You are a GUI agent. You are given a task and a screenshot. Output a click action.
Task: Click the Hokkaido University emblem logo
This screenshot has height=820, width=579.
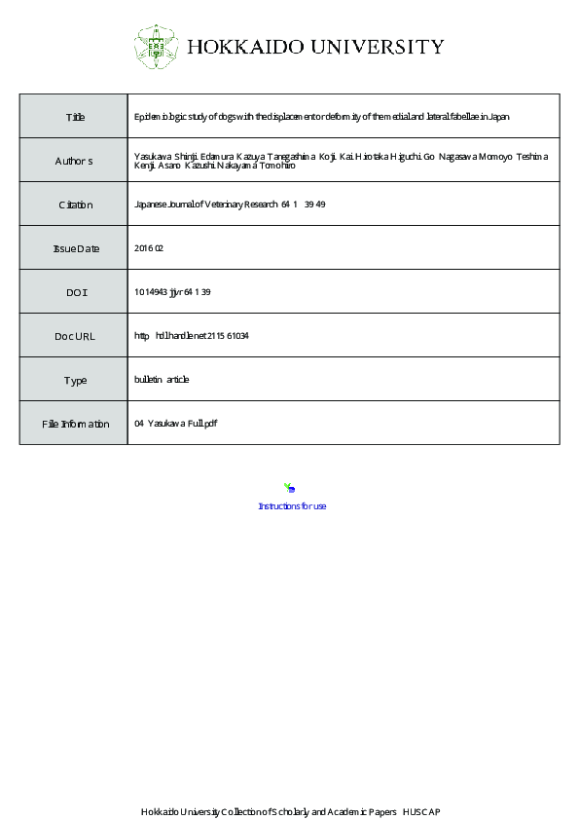[x=157, y=46]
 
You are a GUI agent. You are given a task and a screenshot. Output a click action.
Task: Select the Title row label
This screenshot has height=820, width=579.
[x=75, y=117]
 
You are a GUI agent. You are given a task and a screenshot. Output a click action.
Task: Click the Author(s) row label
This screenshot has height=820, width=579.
[x=74, y=161]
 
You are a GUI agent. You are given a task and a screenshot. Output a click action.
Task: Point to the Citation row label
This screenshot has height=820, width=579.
[x=75, y=205]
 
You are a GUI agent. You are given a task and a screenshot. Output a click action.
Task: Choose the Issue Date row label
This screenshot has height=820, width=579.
[x=75, y=248]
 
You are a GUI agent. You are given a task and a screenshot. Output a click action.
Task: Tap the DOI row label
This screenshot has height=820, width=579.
[x=75, y=292]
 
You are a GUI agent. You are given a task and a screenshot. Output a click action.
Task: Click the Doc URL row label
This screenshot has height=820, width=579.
[x=75, y=336]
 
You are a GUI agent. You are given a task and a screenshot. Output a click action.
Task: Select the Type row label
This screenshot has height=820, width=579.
[x=75, y=380]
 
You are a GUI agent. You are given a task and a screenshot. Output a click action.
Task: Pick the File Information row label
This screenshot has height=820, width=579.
[x=75, y=424]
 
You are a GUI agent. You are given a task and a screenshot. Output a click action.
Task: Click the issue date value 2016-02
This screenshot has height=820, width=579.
[x=149, y=248]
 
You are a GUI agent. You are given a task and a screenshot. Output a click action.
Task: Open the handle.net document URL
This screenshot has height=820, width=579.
[x=192, y=336]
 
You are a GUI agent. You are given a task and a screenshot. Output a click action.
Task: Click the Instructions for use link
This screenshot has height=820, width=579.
[x=292, y=506]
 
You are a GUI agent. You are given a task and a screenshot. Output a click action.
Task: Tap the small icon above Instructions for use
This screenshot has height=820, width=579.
[x=289, y=488]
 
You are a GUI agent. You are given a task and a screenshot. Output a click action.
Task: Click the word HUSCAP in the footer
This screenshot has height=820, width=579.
[x=421, y=811]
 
